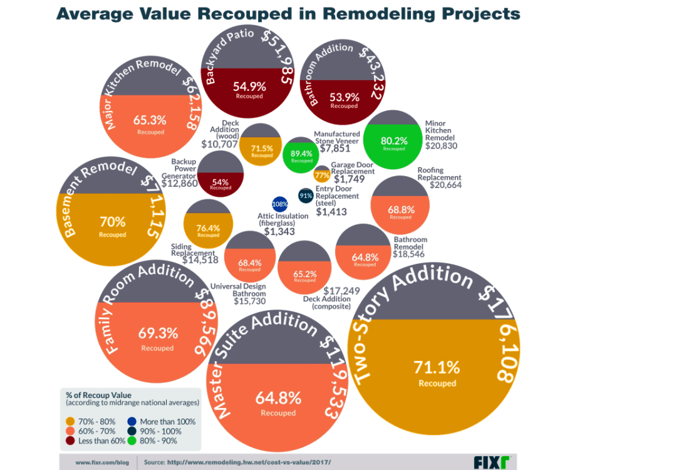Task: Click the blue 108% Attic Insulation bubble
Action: [279, 204]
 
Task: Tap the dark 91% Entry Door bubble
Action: [306, 196]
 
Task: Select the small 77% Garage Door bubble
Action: [322, 175]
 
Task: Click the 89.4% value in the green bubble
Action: [301, 153]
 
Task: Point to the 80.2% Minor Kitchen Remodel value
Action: [394, 141]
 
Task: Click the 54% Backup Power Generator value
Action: [220, 182]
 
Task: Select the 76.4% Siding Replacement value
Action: [209, 228]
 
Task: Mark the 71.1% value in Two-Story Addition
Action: [437, 367]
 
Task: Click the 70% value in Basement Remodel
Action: [113, 221]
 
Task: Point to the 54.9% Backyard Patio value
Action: [249, 86]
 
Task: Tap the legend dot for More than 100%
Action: [132, 422]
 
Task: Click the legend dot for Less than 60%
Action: [70, 441]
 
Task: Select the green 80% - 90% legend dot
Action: [132, 441]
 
